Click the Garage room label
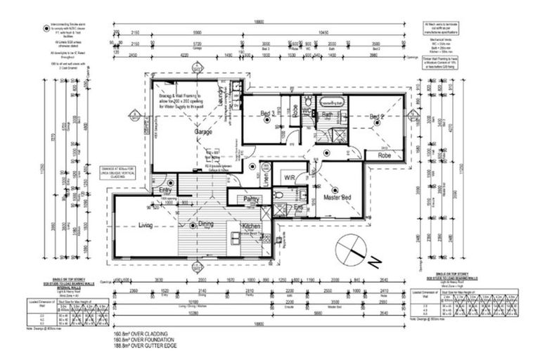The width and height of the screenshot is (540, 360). click(x=204, y=132)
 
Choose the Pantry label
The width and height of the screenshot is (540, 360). click(x=252, y=200)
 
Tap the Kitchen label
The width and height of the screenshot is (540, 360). click(x=252, y=226)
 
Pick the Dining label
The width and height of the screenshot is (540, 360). click(x=205, y=224)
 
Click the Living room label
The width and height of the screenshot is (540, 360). click(x=146, y=224)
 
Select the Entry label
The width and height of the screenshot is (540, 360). click(x=165, y=190)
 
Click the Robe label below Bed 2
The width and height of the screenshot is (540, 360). click(x=385, y=155)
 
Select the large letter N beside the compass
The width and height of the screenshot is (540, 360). click(x=375, y=262)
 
